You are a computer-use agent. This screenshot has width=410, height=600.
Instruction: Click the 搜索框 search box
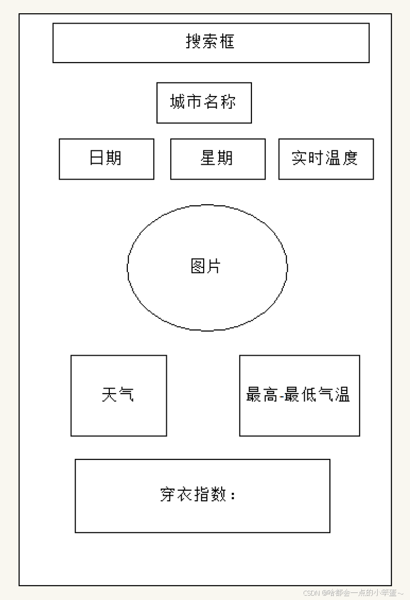click(211, 43)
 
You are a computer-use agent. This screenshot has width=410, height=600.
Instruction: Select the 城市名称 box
click(204, 103)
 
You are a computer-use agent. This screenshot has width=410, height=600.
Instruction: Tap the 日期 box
click(106, 159)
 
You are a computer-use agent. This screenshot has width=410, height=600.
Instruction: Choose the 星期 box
click(217, 159)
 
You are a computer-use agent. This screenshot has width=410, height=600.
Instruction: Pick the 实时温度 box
click(325, 159)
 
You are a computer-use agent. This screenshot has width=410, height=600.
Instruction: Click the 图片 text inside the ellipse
click(206, 267)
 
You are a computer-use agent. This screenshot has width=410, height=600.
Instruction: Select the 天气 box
click(119, 395)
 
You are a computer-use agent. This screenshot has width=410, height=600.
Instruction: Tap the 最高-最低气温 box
click(299, 395)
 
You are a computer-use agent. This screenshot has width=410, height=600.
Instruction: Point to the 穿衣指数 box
click(202, 495)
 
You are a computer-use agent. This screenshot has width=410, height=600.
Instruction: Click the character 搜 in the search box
click(194, 42)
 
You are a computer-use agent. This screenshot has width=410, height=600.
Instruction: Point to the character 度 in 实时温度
click(350, 158)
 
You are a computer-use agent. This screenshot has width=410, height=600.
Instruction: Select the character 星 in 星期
click(209, 158)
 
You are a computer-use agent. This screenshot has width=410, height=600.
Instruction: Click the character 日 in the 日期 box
click(97, 158)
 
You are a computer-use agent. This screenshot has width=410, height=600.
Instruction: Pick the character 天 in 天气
click(110, 395)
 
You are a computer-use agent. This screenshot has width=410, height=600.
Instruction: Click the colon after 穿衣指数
click(233, 496)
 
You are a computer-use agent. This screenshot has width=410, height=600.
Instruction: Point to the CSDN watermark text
click(311, 593)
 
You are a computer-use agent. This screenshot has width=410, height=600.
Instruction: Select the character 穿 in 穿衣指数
click(168, 495)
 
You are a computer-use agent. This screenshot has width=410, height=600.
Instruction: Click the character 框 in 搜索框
click(227, 42)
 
